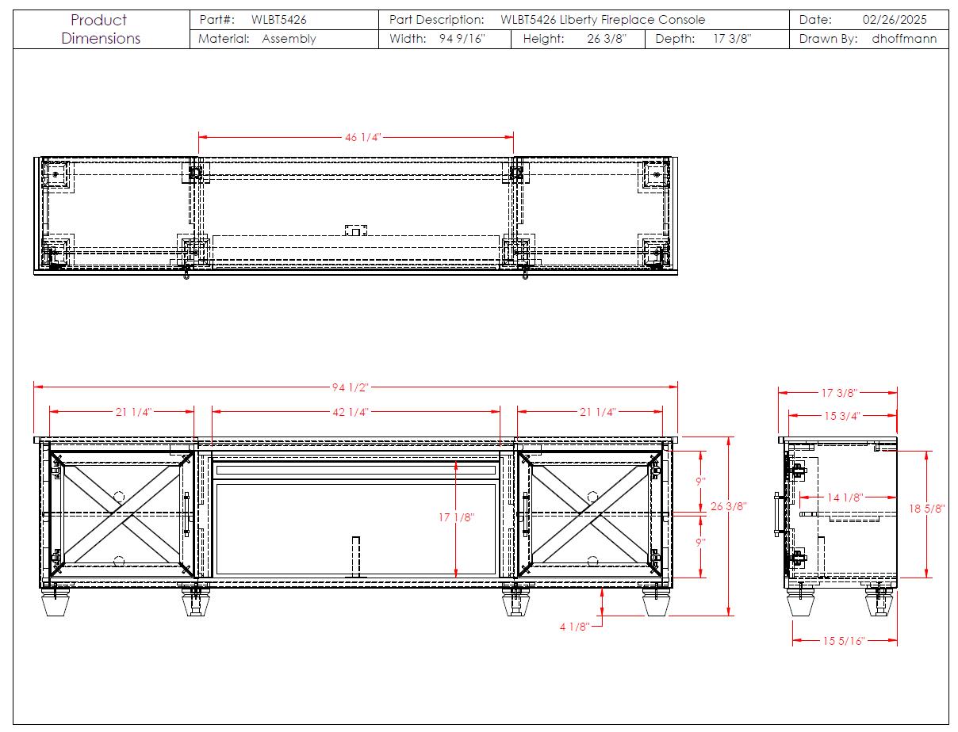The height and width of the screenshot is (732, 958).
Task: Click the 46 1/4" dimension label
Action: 362,137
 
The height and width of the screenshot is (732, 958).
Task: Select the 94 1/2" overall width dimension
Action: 350,387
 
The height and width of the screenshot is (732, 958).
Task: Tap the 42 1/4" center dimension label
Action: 351,412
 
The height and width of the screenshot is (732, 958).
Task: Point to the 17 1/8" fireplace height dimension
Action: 456,517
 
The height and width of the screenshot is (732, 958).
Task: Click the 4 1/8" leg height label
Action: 574,627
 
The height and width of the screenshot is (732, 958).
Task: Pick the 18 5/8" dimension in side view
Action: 926,509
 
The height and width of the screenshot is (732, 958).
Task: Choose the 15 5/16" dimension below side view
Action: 844,641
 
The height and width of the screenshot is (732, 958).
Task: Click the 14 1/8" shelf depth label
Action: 845,498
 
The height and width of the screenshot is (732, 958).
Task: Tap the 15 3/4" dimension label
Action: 842,416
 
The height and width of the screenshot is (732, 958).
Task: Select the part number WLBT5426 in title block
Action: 279,20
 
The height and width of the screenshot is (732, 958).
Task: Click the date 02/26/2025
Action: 895,20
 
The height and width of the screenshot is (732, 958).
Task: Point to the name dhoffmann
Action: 904,39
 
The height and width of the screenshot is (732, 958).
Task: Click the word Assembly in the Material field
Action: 289,39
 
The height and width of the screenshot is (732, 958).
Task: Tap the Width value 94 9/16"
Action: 462,39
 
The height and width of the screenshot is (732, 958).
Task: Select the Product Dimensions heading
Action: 101,29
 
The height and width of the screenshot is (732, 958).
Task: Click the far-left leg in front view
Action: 55,602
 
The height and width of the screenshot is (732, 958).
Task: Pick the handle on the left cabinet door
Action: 187,514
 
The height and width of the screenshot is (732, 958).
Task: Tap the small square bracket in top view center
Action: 356,231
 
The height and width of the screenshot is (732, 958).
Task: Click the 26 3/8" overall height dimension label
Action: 729,506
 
